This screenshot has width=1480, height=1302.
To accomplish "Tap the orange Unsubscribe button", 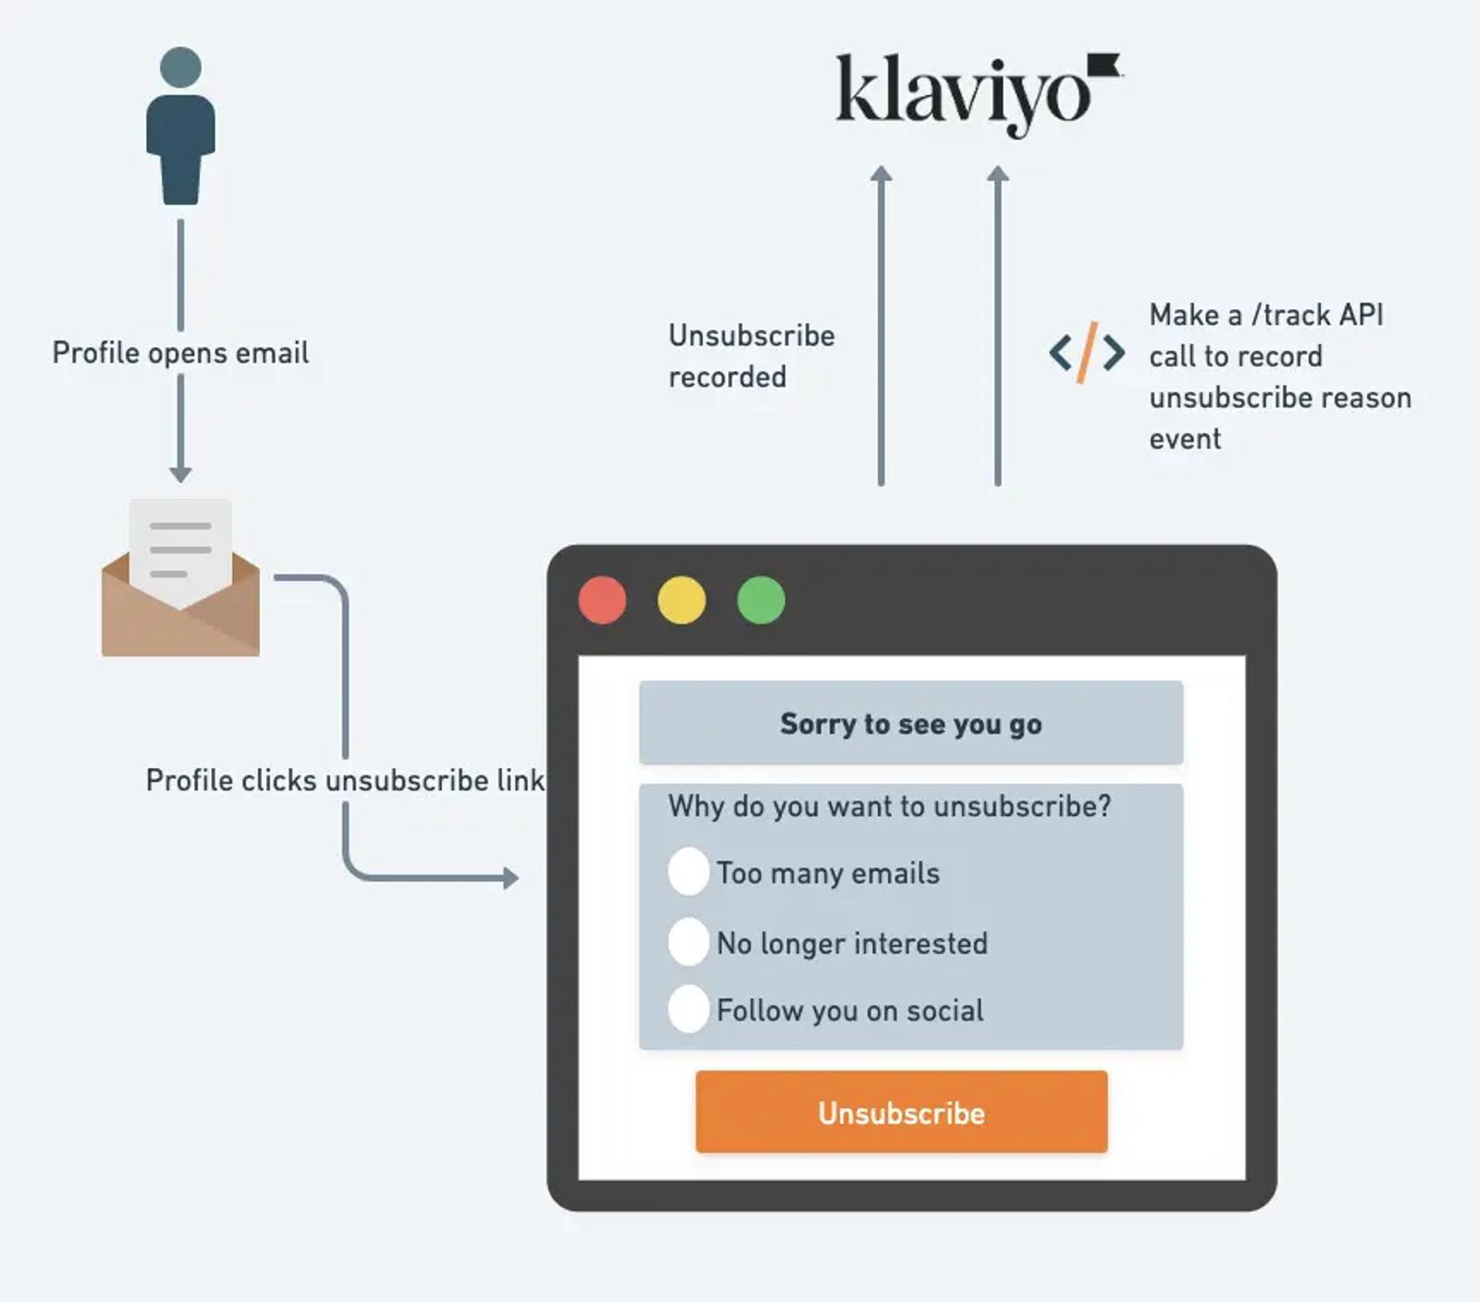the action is (x=902, y=1111).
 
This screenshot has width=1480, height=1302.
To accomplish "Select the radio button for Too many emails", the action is (x=689, y=871).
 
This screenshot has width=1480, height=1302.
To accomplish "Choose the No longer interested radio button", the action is (x=689, y=942).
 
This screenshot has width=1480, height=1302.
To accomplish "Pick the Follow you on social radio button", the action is (x=689, y=1009).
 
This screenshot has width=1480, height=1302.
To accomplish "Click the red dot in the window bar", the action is (x=602, y=600).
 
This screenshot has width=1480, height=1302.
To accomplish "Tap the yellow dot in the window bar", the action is (x=682, y=600).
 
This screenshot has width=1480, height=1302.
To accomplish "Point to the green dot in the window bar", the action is (x=761, y=600).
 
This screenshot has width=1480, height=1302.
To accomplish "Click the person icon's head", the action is (x=180, y=68).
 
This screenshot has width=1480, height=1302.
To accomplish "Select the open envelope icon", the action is (x=180, y=577).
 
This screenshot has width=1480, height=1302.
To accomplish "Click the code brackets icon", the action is (x=1087, y=353).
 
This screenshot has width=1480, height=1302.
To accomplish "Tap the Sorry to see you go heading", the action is (x=911, y=724).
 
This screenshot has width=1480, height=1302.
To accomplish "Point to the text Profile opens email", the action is (x=180, y=353).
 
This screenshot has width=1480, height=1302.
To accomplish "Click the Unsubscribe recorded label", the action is (x=751, y=355).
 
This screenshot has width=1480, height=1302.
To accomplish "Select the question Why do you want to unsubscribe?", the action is (x=890, y=806).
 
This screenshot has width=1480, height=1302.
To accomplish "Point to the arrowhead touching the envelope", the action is (x=180, y=474).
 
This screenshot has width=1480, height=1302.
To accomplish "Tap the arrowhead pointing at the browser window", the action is (x=511, y=877).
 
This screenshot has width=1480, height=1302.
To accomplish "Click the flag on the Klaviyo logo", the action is (x=1104, y=65).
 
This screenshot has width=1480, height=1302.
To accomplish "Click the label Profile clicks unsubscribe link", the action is (x=345, y=780).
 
